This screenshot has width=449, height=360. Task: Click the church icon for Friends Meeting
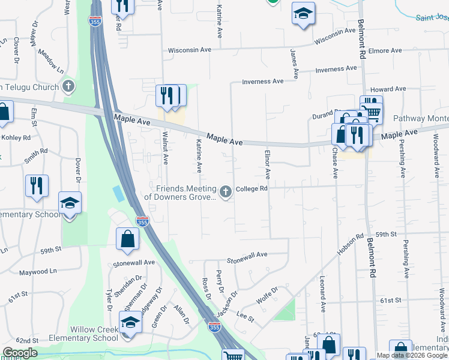[x=226, y=192]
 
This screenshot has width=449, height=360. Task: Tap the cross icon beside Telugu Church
[x=69, y=86]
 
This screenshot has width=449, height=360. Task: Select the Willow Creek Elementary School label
[x=94, y=334]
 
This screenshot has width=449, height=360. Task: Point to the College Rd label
[x=252, y=188]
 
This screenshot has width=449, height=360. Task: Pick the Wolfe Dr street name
[x=267, y=294]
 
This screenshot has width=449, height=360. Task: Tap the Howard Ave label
[x=388, y=89]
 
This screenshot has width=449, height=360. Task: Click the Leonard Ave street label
[x=322, y=294]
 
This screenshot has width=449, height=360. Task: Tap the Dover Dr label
[x=77, y=170]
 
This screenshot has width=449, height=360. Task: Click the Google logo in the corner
[x=20, y=353]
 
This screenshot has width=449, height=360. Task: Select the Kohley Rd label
[x=16, y=138]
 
